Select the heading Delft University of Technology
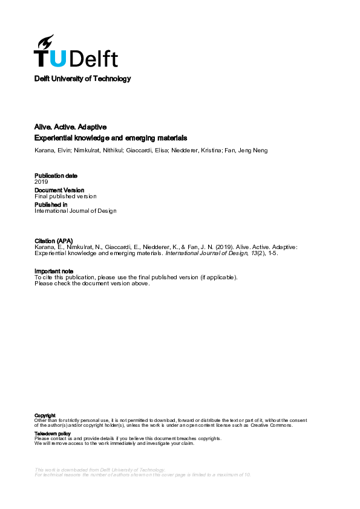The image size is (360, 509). tap(82, 79)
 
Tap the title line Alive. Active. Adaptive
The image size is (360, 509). tap(71, 127)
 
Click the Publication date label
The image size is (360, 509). tap(56, 176)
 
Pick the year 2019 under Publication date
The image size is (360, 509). tap(41, 181)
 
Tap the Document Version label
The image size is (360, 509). tap(59, 190)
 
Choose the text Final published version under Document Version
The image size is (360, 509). tap(65, 196)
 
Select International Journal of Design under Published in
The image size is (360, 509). tap(75, 210)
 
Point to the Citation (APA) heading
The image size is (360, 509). tap(53, 241)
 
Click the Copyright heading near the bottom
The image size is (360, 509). tap(45, 415)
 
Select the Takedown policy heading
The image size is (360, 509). tap(53, 433)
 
